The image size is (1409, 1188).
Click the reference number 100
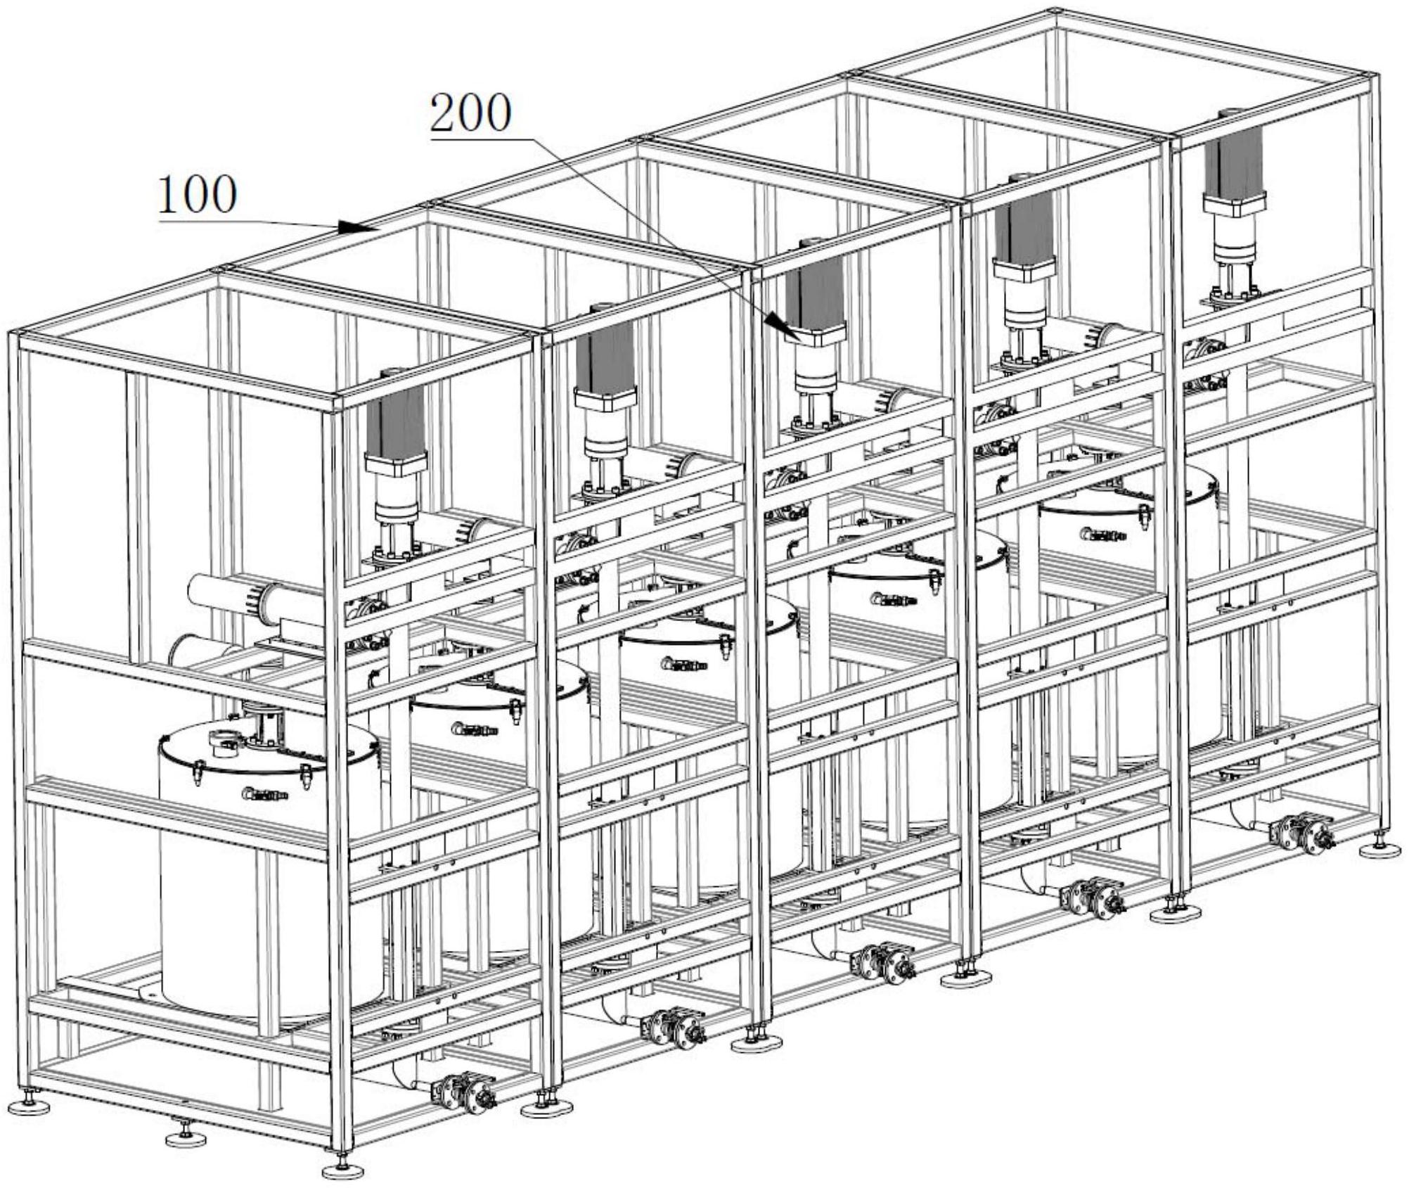pos(197,196)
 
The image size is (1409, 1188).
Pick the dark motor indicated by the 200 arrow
pos(815,293)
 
